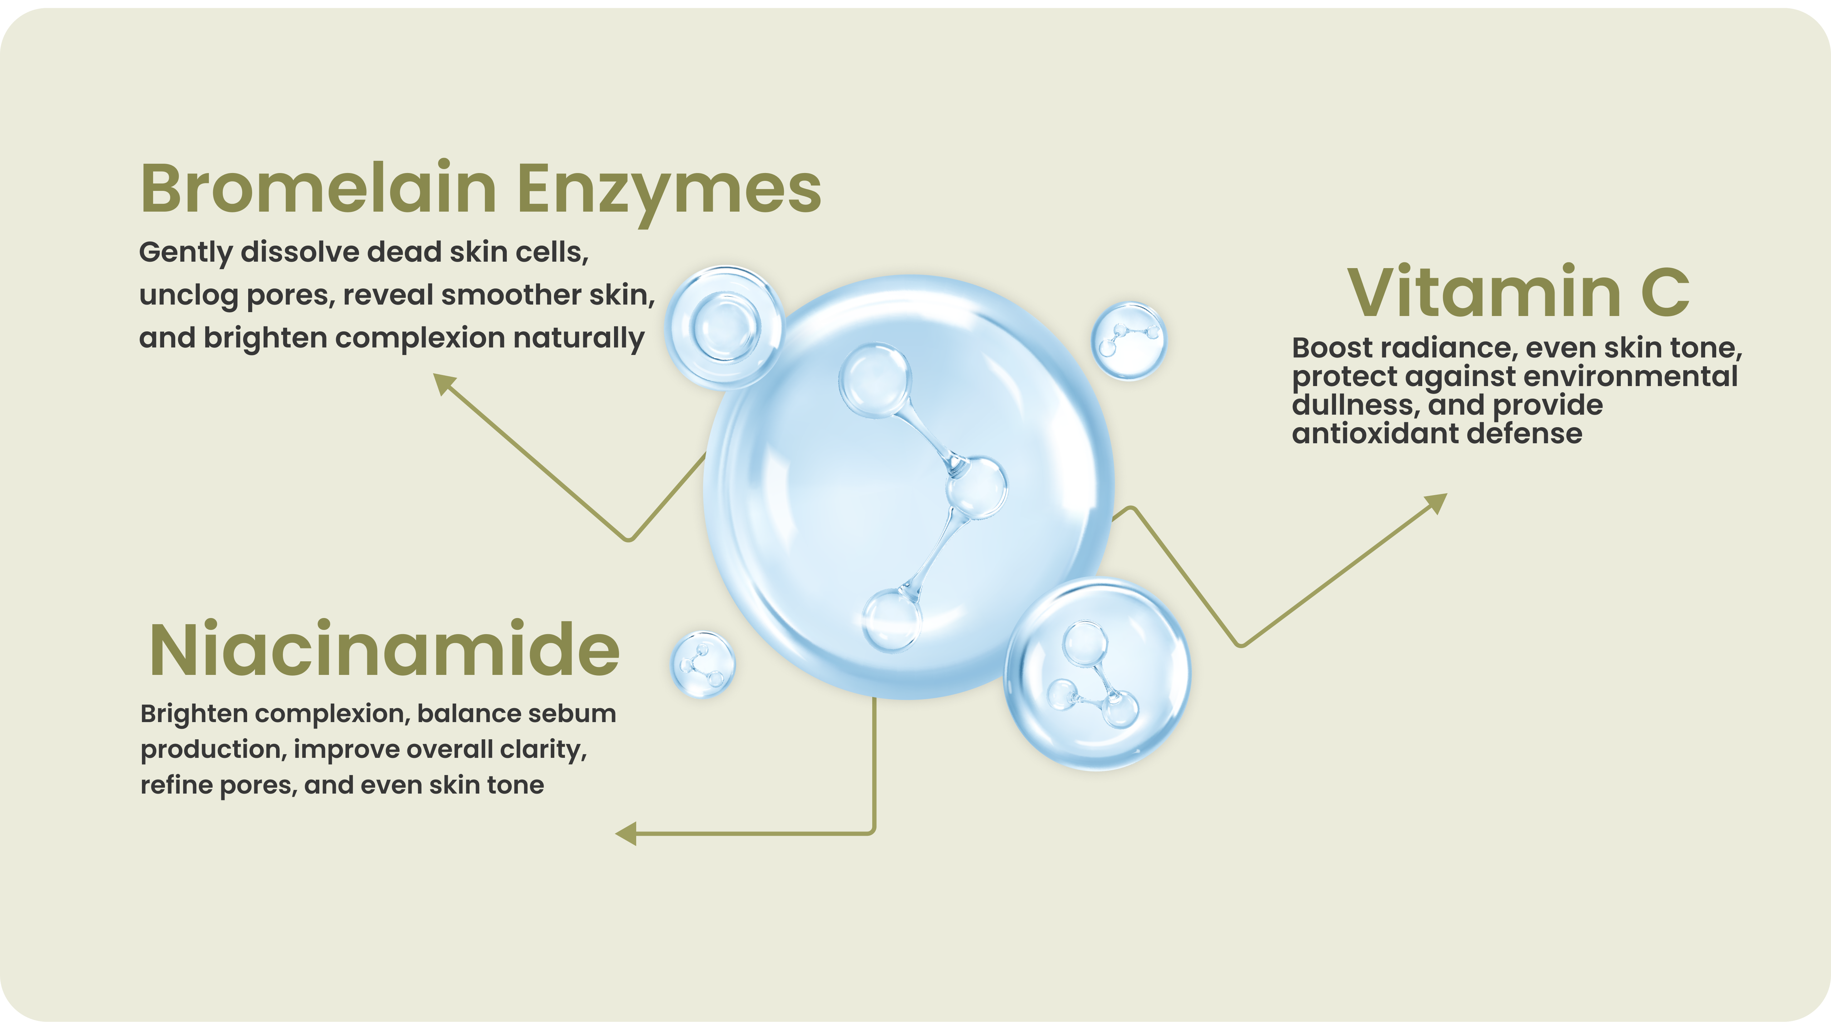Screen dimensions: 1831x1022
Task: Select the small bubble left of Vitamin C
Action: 1129,340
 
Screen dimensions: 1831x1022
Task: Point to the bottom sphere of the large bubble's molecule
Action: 891,620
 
